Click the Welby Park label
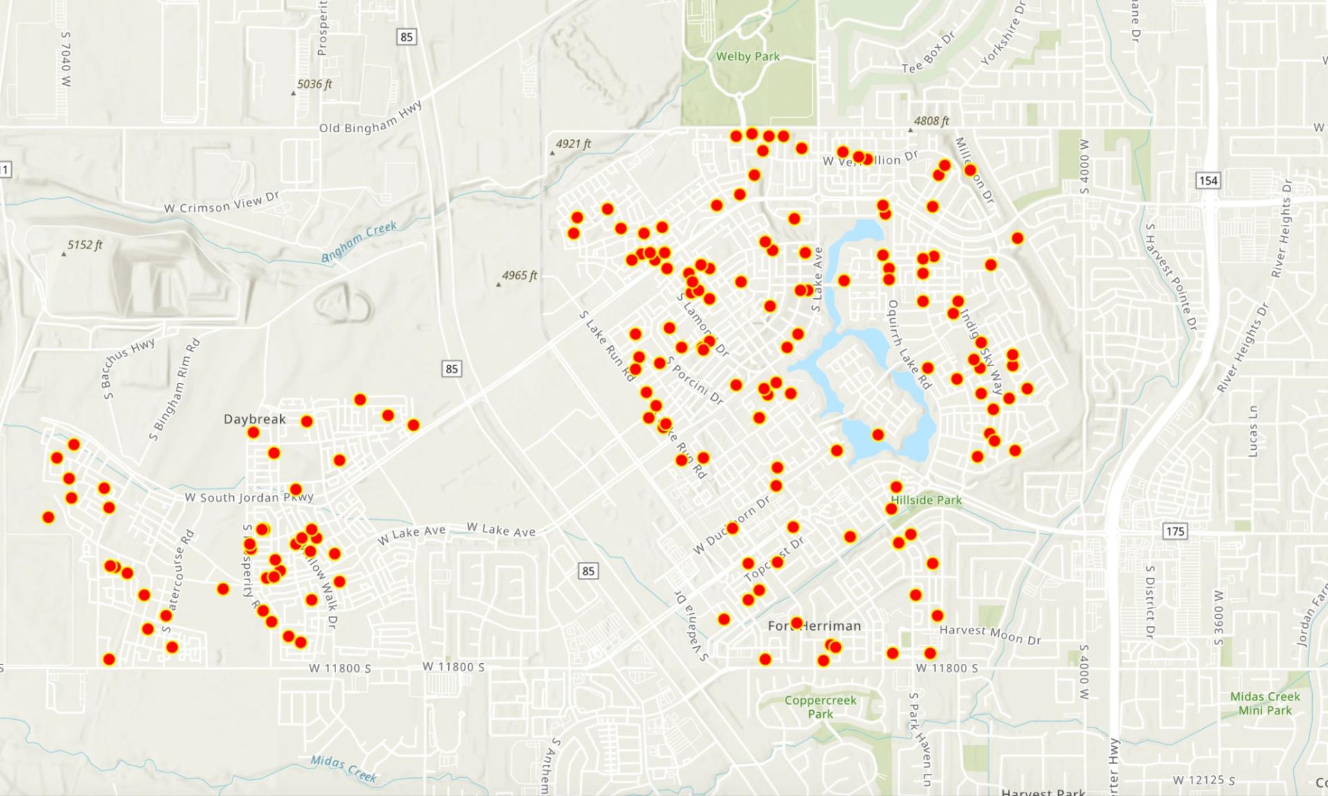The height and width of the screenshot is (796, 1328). pos(748,56)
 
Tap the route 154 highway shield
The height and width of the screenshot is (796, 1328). pos(1208,181)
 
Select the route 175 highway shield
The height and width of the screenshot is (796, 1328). pos(1174,531)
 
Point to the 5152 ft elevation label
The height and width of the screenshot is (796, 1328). pos(84,245)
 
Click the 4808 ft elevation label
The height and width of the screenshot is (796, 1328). pos(931,121)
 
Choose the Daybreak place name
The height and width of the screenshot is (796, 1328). pos(255,419)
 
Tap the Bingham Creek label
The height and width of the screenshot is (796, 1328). pos(359,242)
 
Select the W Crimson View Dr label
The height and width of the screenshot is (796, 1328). pos(221,203)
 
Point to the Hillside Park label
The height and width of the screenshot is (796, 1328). pos(926,500)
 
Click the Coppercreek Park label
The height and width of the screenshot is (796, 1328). pos(820,707)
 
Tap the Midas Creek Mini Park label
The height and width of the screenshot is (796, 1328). pos(1265,703)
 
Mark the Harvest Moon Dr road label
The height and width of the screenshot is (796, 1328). pos(990,634)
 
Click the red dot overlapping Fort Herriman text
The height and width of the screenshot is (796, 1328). pos(796,623)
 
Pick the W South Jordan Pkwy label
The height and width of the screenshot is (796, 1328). pos(249,497)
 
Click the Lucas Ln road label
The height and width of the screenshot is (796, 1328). pos(1253,431)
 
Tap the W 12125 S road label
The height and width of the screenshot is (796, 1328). pos(1203,780)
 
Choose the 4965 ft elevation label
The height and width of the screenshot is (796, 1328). pos(519,275)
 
